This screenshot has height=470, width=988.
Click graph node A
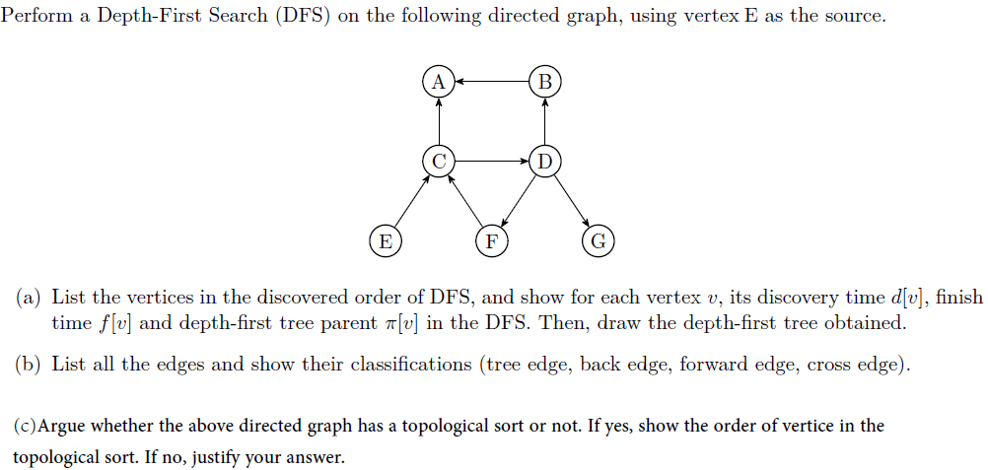[x=439, y=81]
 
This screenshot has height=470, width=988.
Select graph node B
[x=545, y=81]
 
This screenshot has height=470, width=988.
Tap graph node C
[x=439, y=160]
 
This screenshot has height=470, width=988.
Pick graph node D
[x=545, y=160]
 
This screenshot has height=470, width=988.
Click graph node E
[x=385, y=240]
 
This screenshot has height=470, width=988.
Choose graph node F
[x=490, y=240]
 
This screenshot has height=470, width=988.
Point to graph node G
[x=598, y=240]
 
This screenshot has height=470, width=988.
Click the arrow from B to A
[x=492, y=81]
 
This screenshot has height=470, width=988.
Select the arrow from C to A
[x=439, y=120]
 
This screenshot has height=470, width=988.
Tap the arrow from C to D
[x=492, y=160]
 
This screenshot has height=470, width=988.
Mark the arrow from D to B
[x=545, y=120]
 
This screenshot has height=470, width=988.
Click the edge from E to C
[x=412, y=200]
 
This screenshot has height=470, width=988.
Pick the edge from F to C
[x=465, y=201]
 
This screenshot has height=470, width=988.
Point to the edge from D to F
[x=518, y=200]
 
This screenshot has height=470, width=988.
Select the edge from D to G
[x=572, y=200]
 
